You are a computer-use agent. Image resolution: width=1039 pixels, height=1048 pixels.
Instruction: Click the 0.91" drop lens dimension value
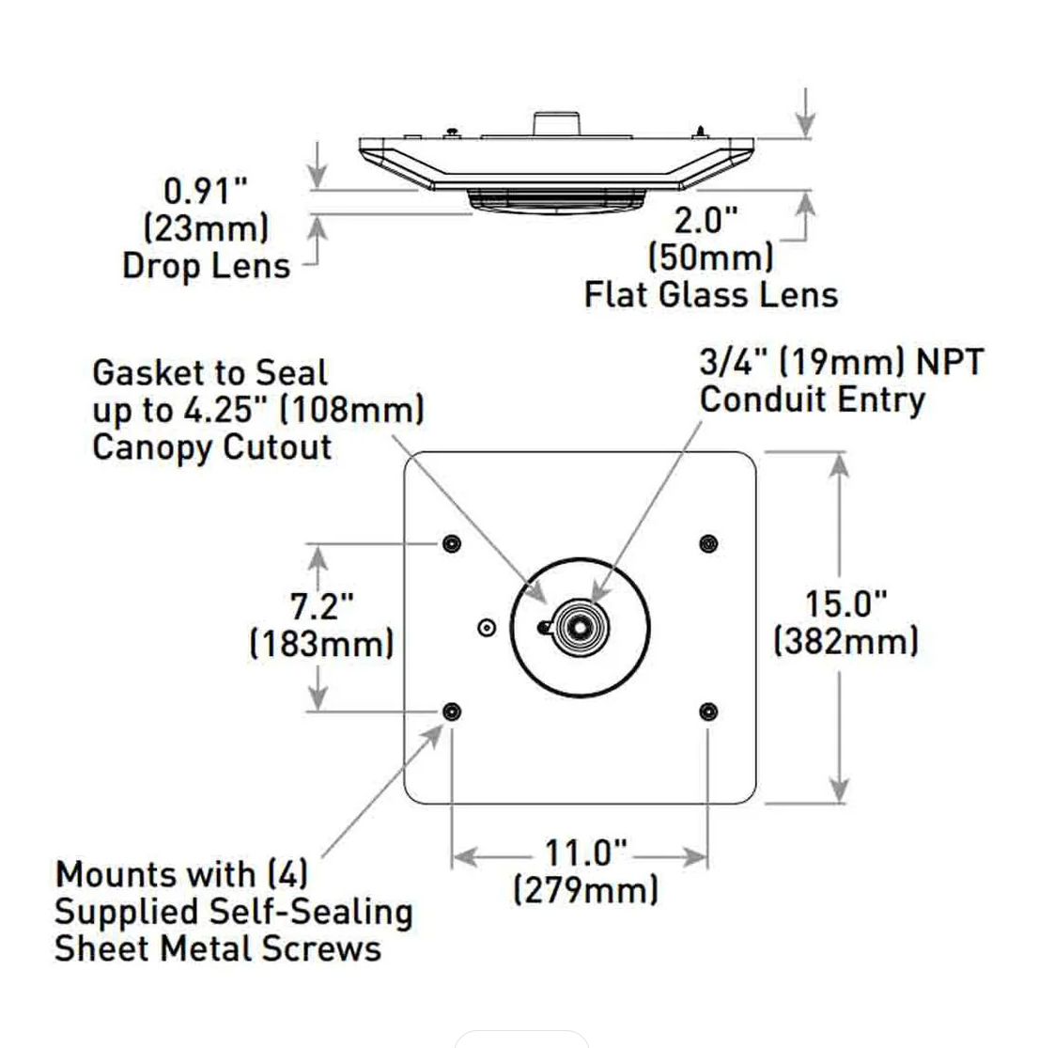pyautogui.click(x=205, y=191)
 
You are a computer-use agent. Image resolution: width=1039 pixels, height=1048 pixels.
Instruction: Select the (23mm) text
pyautogui.click(x=206, y=228)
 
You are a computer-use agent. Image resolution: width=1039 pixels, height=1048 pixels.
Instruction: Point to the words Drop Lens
pyautogui.click(x=206, y=266)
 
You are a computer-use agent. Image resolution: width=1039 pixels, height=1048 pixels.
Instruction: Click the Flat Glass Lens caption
pyautogui.click(x=710, y=294)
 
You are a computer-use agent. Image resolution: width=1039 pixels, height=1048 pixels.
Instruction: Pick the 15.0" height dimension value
pyautogui.click(x=845, y=604)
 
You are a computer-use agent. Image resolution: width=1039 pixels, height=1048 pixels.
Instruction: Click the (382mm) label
pyautogui.click(x=845, y=642)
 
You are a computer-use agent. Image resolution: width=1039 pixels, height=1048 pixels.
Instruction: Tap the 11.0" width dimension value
pyautogui.click(x=585, y=853)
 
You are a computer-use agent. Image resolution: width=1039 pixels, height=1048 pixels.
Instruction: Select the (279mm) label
pyautogui.click(x=585, y=889)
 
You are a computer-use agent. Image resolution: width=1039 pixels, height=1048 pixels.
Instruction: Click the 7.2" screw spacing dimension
pyautogui.click(x=321, y=606)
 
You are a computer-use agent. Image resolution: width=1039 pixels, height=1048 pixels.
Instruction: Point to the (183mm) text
pyautogui.click(x=321, y=644)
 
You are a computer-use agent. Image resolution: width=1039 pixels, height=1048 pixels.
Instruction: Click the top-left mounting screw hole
pyautogui.click(x=452, y=543)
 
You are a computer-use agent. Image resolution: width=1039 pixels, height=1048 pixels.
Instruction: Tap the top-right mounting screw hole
pyautogui.click(x=708, y=543)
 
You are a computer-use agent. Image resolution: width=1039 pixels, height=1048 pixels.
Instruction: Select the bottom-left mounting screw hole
pyautogui.click(x=452, y=712)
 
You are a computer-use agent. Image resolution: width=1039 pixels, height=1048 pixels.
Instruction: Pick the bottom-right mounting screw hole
pyautogui.click(x=708, y=712)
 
